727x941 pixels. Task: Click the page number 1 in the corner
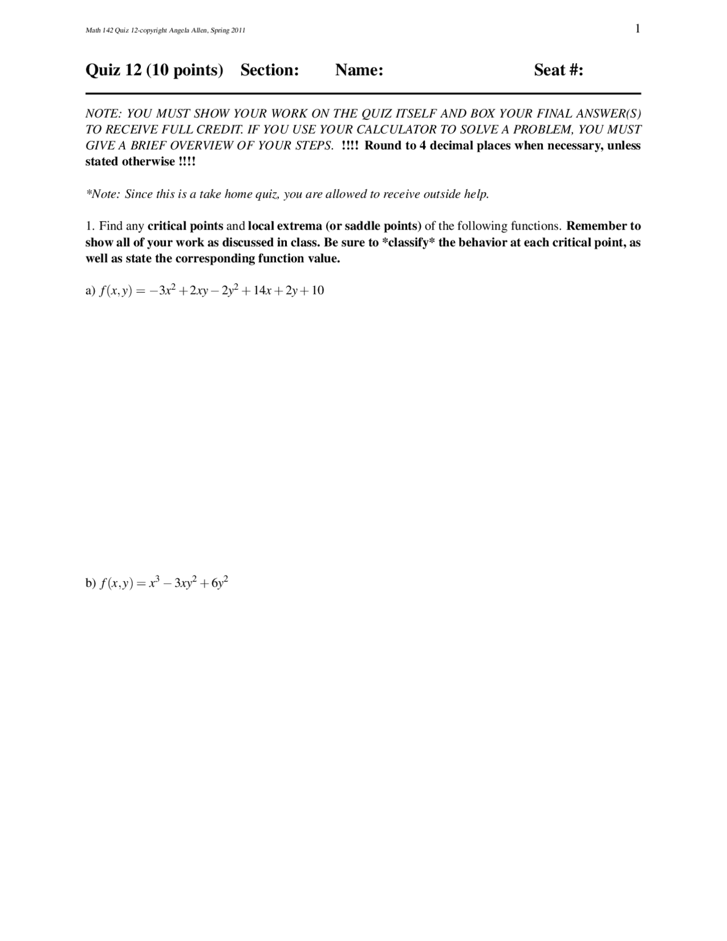pyautogui.click(x=638, y=29)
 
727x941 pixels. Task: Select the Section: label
pyautogui.click(x=269, y=70)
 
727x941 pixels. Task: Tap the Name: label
pyautogui.click(x=359, y=70)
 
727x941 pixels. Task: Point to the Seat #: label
pyautogui.click(x=558, y=70)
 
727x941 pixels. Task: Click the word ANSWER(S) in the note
pyautogui.click(x=610, y=114)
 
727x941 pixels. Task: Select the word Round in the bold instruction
pyautogui.click(x=382, y=145)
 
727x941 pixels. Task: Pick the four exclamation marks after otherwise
pyautogui.click(x=187, y=161)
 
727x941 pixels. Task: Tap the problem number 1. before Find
pyautogui.click(x=90, y=226)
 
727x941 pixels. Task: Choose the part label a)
pyautogui.click(x=90, y=291)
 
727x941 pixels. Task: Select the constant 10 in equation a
pyautogui.click(x=317, y=291)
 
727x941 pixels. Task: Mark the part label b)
pyautogui.click(x=90, y=583)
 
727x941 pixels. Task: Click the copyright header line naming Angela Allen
pyautogui.click(x=165, y=31)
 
